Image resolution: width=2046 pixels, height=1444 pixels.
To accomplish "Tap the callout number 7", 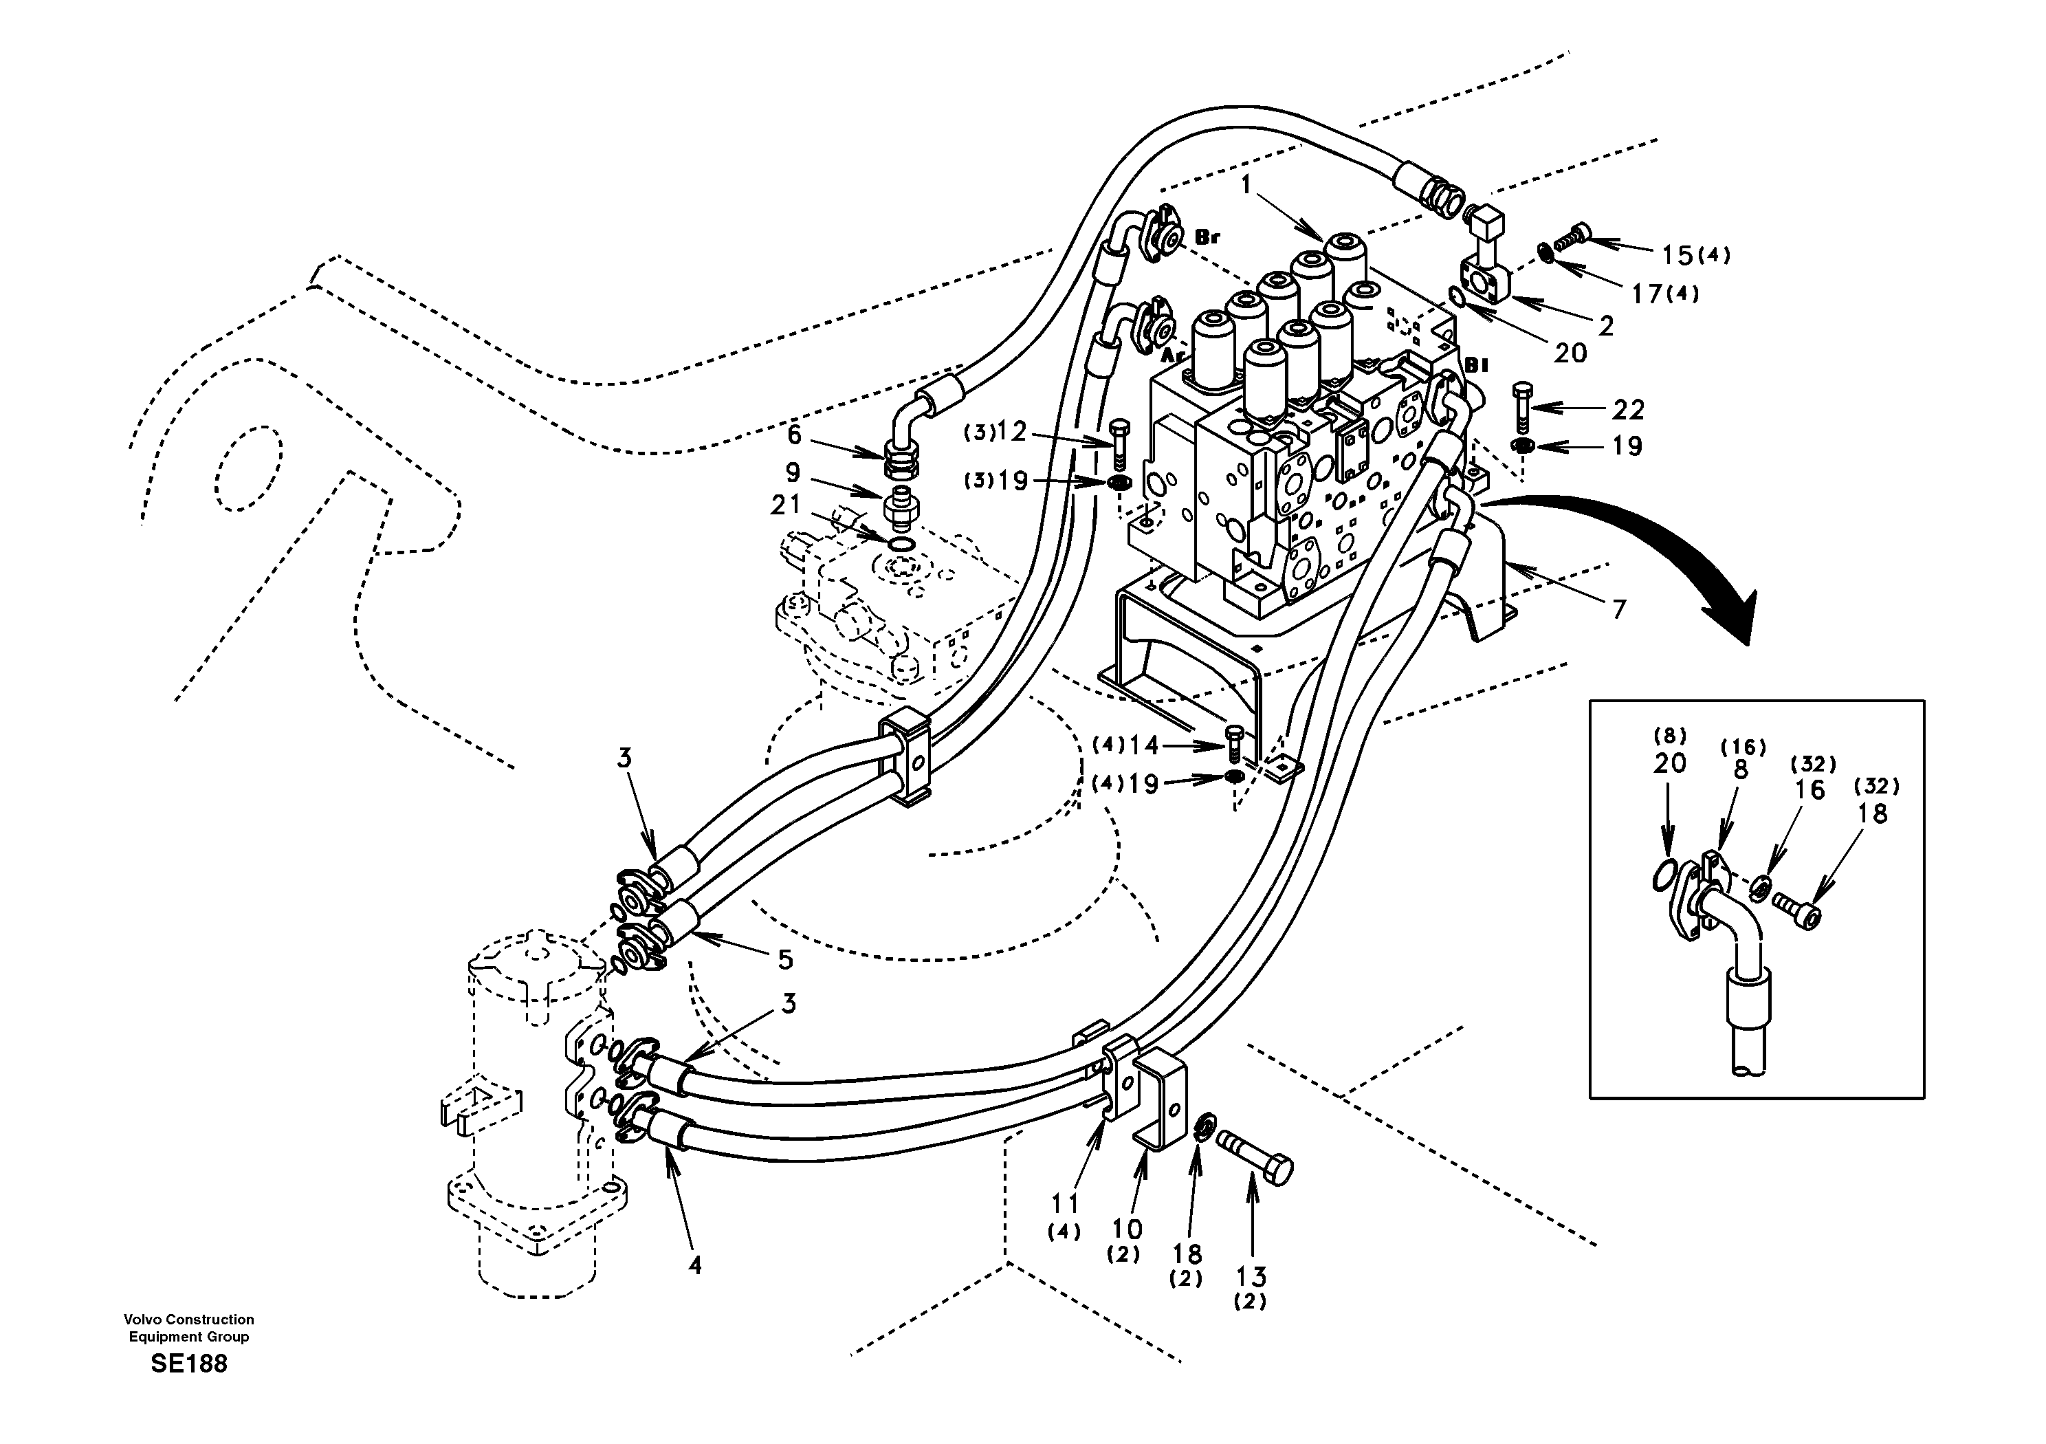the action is [1619, 610].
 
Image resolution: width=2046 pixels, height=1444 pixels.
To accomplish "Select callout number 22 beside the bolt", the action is [1628, 409].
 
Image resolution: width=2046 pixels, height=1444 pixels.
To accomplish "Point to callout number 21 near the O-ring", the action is [786, 505].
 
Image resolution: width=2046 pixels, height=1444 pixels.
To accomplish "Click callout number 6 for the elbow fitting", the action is [794, 435].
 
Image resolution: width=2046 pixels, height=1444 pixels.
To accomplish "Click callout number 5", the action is [785, 959].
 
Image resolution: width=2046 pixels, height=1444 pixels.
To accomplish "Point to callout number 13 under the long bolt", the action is [1252, 1276].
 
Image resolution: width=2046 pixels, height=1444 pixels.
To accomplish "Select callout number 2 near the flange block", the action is [1606, 326].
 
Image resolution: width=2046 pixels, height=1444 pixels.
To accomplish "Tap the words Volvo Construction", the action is [189, 1320].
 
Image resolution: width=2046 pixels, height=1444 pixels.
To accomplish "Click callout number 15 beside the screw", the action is [1677, 255].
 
